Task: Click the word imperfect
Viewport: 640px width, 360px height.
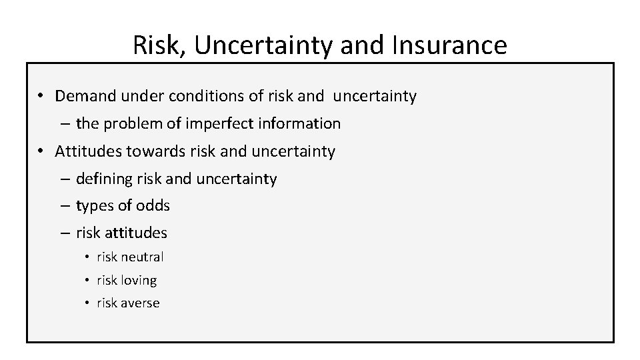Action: click(x=198, y=123)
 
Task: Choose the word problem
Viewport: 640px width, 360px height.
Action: click(x=125, y=123)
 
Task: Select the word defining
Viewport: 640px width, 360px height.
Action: click(x=103, y=179)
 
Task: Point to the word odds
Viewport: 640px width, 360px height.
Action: click(x=153, y=206)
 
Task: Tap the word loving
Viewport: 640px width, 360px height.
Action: click(x=139, y=280)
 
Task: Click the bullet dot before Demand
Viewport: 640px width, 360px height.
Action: click(x=41, y=97)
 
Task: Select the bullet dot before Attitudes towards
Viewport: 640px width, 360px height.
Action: click(x=41, y=152)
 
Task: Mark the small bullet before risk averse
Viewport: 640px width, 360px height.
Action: click(x=87, y=303)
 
